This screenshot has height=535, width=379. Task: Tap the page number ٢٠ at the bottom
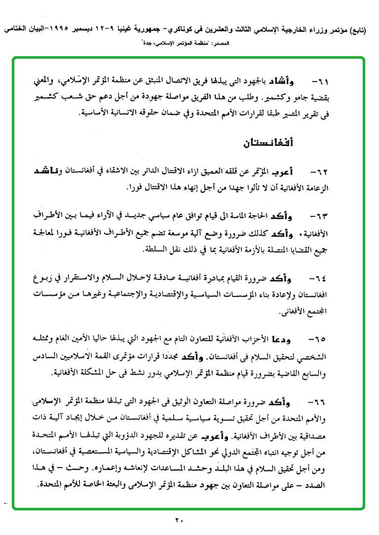pos(179,519)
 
